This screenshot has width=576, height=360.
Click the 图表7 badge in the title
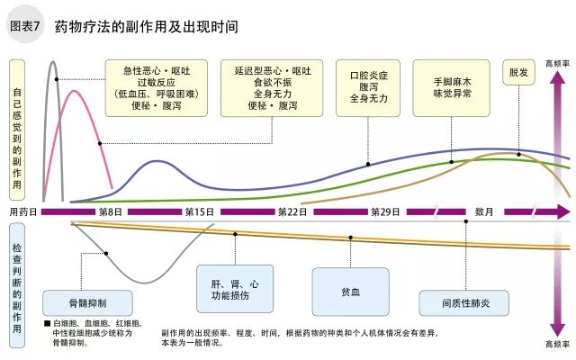[25, 26]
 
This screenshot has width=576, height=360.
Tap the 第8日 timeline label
[111, 211]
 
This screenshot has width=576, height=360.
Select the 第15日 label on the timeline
[199, 211]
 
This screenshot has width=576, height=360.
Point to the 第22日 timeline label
[292, 211]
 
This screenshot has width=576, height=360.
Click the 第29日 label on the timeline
[384, 211]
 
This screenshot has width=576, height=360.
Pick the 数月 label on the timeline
[484, 211]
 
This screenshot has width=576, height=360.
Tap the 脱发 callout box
[518, 72]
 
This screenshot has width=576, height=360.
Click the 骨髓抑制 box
[87, 301]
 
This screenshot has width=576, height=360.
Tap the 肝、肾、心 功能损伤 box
[236, 289]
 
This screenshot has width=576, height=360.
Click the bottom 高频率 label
[557, 344]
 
